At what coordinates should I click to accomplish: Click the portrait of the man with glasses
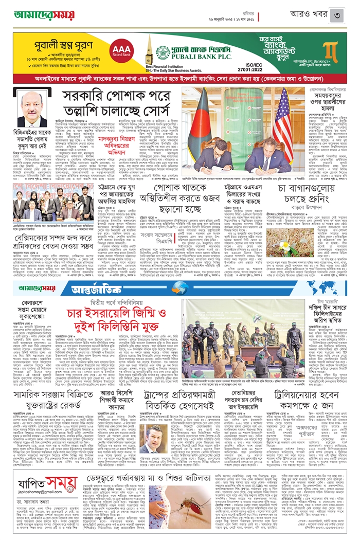click(31, 110)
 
